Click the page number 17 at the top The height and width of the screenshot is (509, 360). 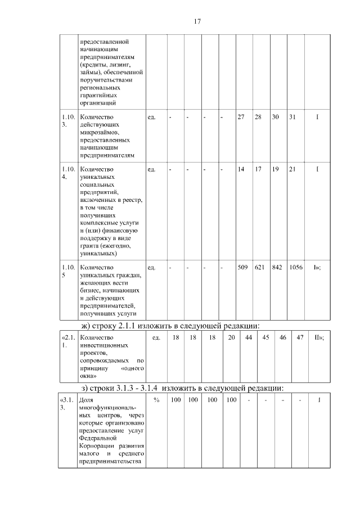197,21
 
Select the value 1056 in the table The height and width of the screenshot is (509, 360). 296,267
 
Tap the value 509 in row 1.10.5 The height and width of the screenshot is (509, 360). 242,267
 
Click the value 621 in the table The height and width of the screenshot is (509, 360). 259,267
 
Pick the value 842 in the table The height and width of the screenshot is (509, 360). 277,267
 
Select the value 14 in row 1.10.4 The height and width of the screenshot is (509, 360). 241,169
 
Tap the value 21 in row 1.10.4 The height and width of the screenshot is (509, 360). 292,169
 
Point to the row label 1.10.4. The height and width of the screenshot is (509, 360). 67,173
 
